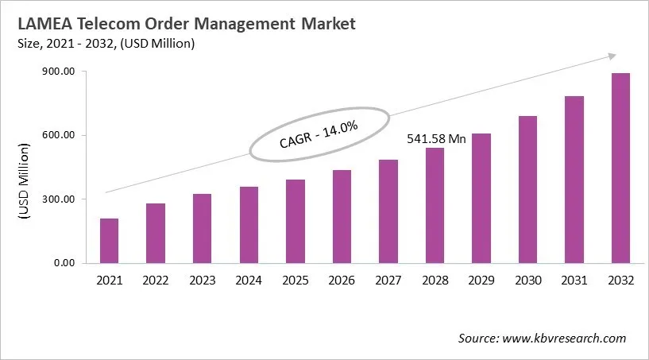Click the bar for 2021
pos(109,240)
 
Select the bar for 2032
pos(620,168)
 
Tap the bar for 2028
pos(435,205)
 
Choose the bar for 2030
pos(527,189)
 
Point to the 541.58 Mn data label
pos(436,138)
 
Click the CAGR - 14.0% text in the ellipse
pos(319,134)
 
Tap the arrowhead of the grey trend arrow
pos(612,56)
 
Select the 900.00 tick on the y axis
pos(58,72)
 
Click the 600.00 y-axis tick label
pos(58,135)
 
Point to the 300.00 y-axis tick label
pos(58,199)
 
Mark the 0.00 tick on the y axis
pos(64,262)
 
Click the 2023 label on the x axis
pos(203,280)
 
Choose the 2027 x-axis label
pos(388,280)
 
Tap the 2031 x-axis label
pos(574,280)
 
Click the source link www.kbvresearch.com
pos(565,339)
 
